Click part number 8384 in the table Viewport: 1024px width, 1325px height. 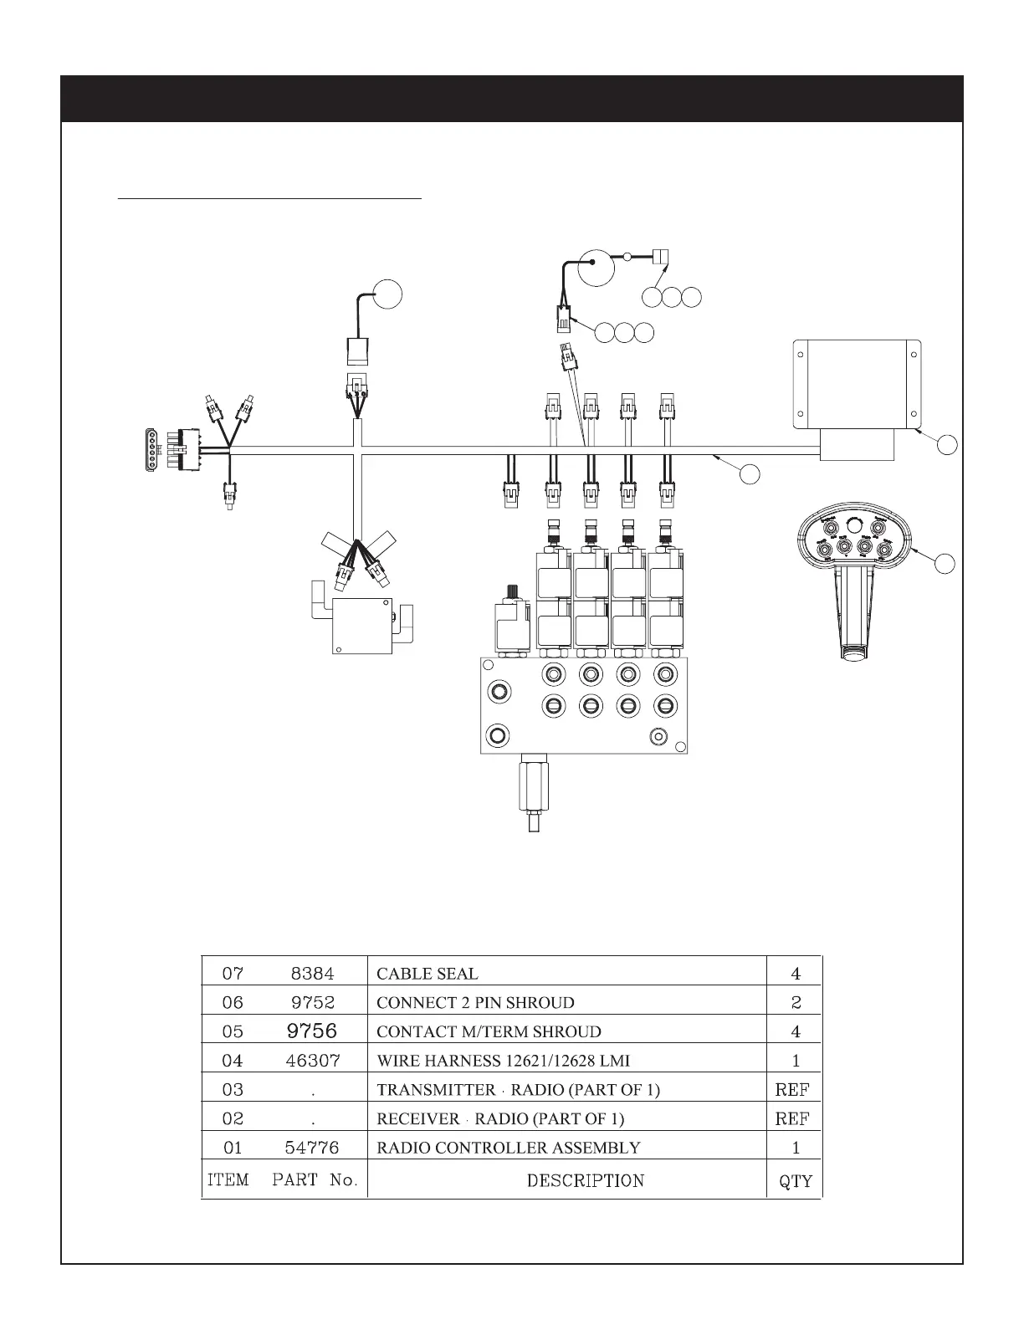pyautogui.click(x=312, y=974)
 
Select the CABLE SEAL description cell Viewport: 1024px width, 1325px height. pyautogui.click(x=428, y=974)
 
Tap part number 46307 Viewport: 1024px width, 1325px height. pyautogui.click(x=313, y=1061)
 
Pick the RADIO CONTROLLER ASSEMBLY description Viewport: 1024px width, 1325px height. pyautogui.click(x=509, y=1148)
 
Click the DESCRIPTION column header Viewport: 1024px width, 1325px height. pyautogui.click(x=586, y=1180)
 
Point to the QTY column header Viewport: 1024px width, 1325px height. pyautogui.click(x=795, y=1181)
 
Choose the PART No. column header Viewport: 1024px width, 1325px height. pyautogui.click(x=315, y=1180)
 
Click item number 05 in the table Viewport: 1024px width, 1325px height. pyautogui.click(x=233, y=1031)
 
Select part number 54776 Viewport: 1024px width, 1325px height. pyautogui.click(x=313, y=1148)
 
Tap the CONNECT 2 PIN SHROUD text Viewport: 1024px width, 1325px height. pyautogui.click(x=475, y=1002)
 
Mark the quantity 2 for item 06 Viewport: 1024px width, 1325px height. pyautogui.click(x=796, y=1002)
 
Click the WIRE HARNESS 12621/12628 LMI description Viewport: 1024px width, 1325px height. pyautogui.click(x=503, y=1061)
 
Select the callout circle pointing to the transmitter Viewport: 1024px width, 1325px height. pyautogui.click(x=945, y=563)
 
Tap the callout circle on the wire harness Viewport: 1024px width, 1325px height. pyautogui.click(x=750, y=473)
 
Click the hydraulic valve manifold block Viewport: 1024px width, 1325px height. pyautogui.click(x=584, y=704)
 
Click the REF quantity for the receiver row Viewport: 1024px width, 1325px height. pyautogui.click(x=792, y=1118)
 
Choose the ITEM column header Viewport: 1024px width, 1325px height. pyautogui.click(x=228, y=1180)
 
